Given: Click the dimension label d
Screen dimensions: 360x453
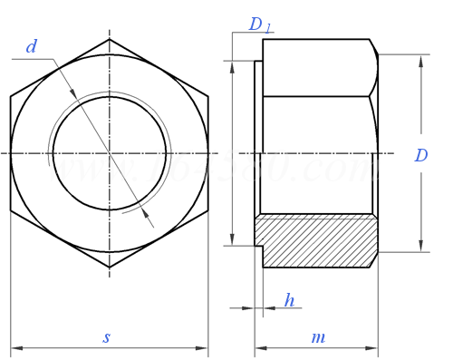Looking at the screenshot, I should (32, 46).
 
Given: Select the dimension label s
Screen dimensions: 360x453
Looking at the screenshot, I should (106, 337).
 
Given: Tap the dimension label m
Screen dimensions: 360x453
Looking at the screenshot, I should (318, 337).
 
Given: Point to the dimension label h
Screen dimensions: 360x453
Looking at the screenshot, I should (289, 300).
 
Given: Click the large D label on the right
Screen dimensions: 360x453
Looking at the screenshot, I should (421, 155).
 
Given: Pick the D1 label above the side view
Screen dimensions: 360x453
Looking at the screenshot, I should (260, 24).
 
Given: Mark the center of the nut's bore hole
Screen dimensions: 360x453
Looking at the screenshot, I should (110, 153).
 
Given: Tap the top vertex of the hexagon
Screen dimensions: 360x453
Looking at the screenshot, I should (110, 39).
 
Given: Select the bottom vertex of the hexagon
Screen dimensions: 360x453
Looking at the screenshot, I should (110, 268).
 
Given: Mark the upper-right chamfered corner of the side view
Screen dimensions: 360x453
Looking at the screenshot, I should (373, 47).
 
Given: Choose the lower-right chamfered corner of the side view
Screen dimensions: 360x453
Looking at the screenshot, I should (373, 259).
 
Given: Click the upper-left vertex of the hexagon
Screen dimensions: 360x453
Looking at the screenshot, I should (11, 96).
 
